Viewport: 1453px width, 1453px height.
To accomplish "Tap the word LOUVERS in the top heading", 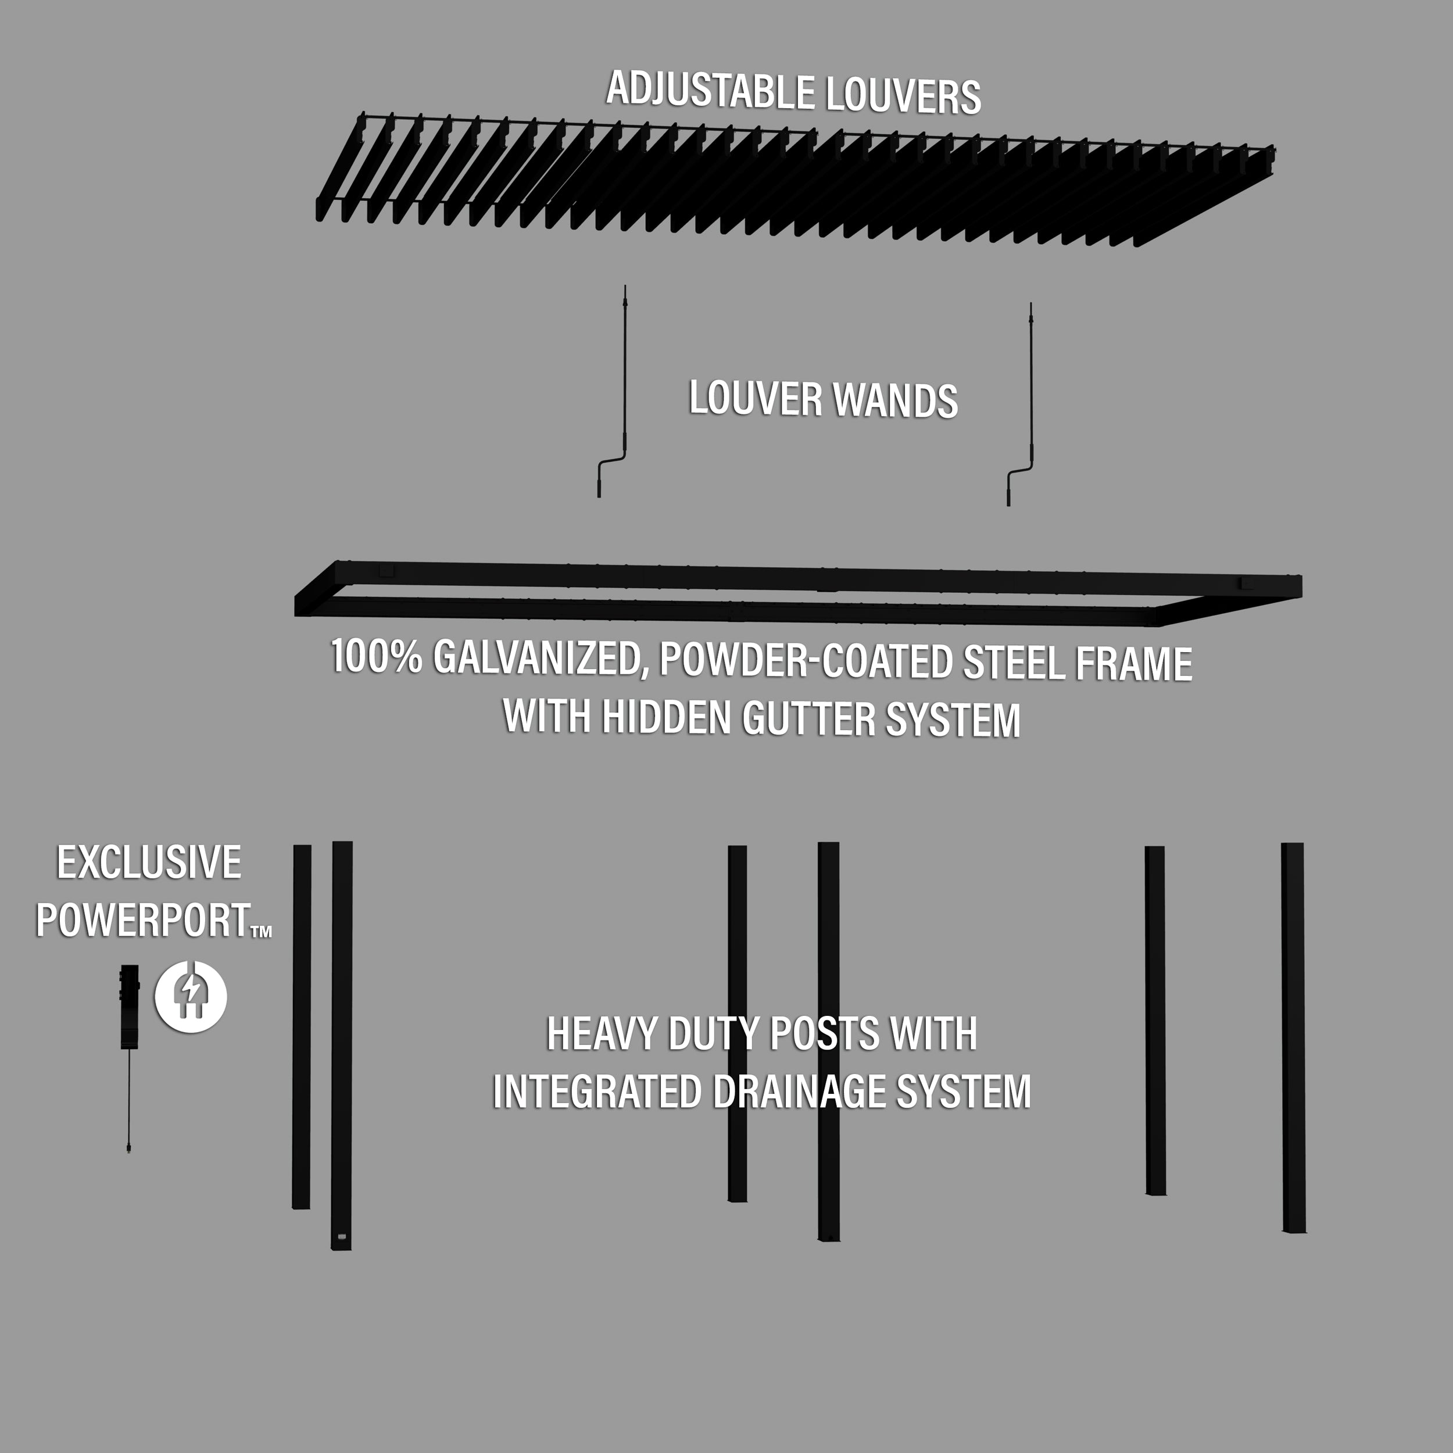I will pyautogui.click(x=903, y=97).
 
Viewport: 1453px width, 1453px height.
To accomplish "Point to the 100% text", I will pyautogui.click(x=376, y=656).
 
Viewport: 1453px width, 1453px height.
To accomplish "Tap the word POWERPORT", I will pyautogui.click(x=144, y=920).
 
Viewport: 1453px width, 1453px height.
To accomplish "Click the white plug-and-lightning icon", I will pyautogui.click(x=191, y=997).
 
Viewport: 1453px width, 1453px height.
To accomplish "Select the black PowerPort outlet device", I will pyautogui.click(x=130, y=1006).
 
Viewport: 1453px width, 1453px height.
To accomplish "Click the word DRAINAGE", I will pyautogui.click(x=800, y=1092).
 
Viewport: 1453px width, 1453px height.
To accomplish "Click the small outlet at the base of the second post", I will pyautogui.click(x=341, y=1236).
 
